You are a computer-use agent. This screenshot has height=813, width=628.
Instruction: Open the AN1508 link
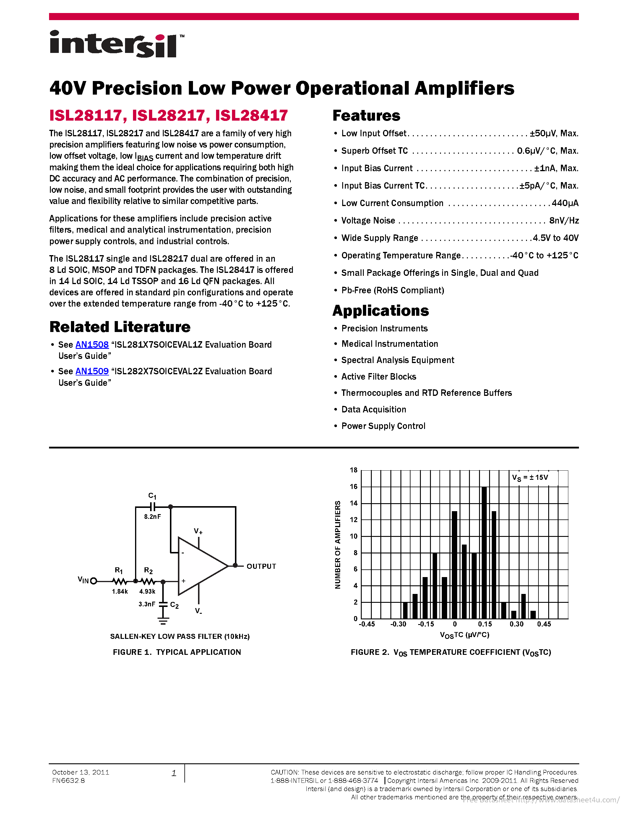(92, 345)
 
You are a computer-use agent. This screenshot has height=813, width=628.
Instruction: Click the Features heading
(366, 116)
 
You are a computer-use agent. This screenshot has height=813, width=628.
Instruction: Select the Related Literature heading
(120, 327)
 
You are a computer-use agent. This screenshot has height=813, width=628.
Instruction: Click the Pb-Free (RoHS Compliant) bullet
(392, 290)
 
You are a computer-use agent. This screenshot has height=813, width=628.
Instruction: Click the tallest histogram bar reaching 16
(484, 551)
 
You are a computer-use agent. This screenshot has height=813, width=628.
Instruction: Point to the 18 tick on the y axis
(353, 470)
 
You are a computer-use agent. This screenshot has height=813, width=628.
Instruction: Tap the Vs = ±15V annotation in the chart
(530, 477)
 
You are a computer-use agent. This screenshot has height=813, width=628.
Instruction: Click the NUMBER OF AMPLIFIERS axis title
(338, 545)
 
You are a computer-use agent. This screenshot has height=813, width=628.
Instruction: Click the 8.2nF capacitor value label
(152, 517)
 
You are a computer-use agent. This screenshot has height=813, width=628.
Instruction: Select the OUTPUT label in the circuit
(261, 566)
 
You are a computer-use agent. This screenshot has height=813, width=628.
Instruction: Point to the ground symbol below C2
(163, 621)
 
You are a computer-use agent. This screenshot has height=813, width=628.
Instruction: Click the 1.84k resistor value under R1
(120, 592)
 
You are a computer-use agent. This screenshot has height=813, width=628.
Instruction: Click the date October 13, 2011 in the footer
(81, 772)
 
